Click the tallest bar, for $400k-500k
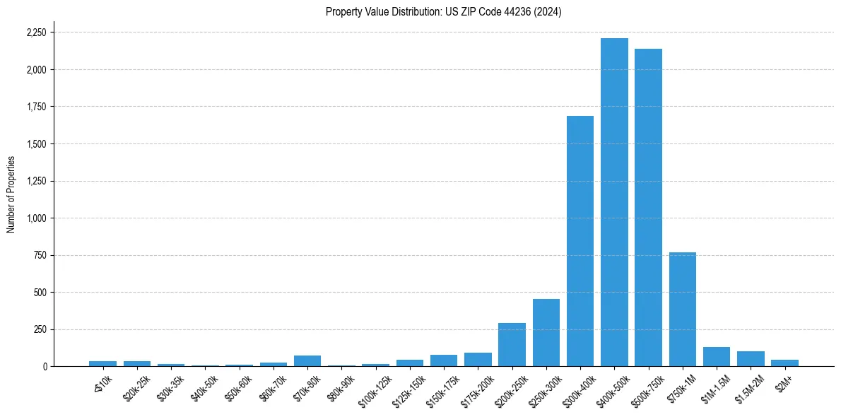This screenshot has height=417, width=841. (x=614, y=202)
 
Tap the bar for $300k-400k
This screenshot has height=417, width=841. (x=580, y=241)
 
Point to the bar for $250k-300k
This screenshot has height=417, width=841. (x=546, y=332)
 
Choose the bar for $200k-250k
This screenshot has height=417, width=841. (x=512, y=344)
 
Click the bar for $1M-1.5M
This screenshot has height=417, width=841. (x=717, y=357)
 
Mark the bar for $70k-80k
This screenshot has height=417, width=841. (x=307, y=360)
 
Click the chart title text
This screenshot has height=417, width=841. (x=443, y=12)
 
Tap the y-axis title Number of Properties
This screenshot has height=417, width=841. (x=11, y=194)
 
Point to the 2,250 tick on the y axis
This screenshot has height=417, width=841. (x=36, y=33)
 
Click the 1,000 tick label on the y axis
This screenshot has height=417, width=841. (x=36, y=218)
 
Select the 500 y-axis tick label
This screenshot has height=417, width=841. (x=41, y=293)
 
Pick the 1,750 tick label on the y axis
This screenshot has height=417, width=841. (x=36, y=107)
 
